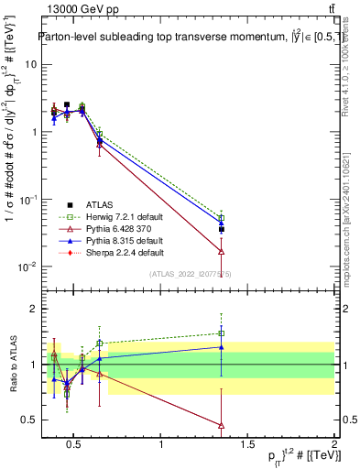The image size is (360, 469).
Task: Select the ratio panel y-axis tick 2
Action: (x=28, y=309)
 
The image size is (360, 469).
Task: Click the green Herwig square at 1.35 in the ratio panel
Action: (x=222, y=333)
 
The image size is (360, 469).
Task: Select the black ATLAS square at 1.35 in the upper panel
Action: (x=222, y=229)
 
